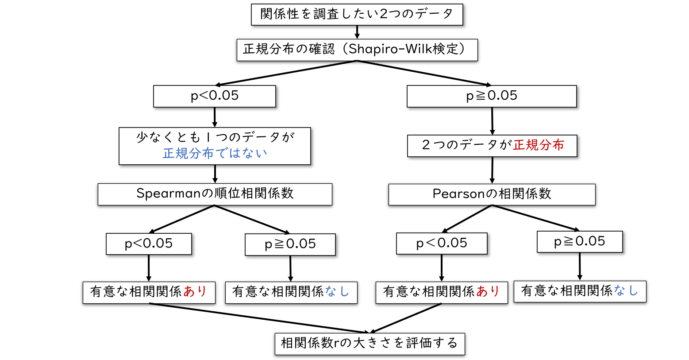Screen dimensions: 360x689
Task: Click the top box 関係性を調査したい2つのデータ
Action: click(x=357, y=14)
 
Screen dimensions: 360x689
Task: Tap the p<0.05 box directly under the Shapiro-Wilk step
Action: click(x=215, y=96)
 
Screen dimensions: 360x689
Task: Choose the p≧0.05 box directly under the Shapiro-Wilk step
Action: click(x=492, y=96)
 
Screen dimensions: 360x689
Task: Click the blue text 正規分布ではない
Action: click(x=215, y=153)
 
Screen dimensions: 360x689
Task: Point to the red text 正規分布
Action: click(x=539, y=145)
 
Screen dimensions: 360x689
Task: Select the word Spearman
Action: click(x=169, y=194)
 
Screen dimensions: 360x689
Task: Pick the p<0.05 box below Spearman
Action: click(x=149, y=244)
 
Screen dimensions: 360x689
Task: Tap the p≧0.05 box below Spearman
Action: click(x=290, y=244)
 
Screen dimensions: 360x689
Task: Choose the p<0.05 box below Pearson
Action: click(x=442, y=243)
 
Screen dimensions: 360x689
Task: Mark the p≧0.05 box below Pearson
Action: click(x=580, y=241)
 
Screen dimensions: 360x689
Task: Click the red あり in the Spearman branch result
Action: click(x=195, y=291)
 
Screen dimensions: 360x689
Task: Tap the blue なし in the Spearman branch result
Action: click(x=337, y=291)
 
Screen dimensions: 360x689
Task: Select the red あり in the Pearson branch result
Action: click(x=488, y=291)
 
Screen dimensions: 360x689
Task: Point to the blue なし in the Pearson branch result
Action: click(x=626, y=290)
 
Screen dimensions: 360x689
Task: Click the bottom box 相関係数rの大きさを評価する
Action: click(x=370, y=343)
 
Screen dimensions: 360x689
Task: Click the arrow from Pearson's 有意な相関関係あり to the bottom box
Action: click(x=406, y=318)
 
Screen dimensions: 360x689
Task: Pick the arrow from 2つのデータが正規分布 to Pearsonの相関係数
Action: click(x=492, y=170)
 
